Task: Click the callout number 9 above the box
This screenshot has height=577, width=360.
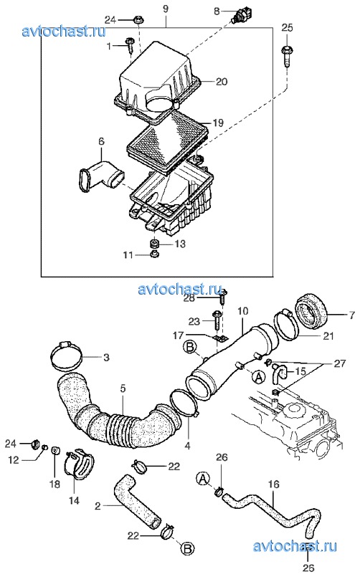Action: click(x=166, y=8)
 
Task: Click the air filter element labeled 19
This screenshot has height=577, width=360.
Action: click(x=168, y=143)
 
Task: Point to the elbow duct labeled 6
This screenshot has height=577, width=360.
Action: click(x=102, y=176)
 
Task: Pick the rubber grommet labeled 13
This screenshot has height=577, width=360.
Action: click(x=155, y=243)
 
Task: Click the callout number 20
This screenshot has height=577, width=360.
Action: click(x=222, y=81)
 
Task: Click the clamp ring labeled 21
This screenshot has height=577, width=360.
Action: click(x=286, y=325)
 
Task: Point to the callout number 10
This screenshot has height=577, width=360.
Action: click(x=243, y=311)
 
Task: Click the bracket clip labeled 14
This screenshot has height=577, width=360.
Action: click(x=78, y=464)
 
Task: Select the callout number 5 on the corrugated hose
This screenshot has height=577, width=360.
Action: click(x=123, y=388)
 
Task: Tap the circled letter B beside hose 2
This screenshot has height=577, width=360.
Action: click(x=187, y=549)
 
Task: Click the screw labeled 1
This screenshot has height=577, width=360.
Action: click(x=130, y=45)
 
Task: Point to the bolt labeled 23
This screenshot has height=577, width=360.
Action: click(x=217, y=321)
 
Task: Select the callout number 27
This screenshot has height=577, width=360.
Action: click(x=340, y=363)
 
